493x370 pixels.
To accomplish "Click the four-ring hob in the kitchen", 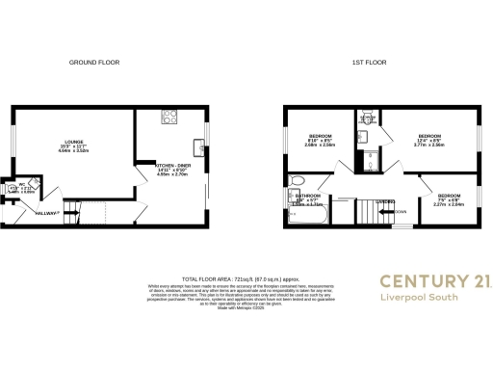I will pos(169,118).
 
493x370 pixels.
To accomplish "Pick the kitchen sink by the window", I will pos(198,147).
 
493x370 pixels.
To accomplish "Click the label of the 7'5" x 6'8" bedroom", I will pos(448,196).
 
